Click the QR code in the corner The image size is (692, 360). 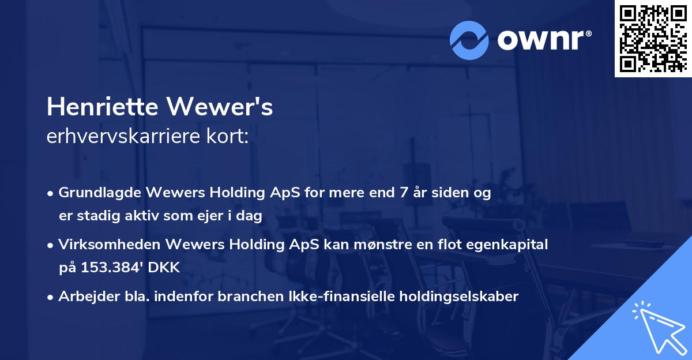(x=653, y=38)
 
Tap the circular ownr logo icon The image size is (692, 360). (x=469, y=40)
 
